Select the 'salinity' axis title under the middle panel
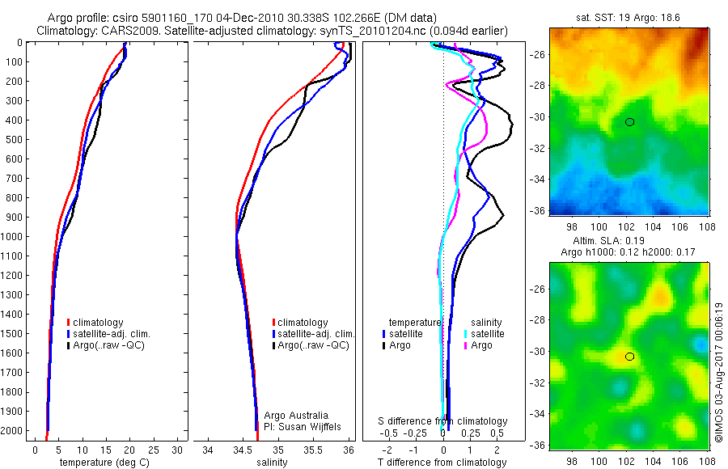(x=271, y=463)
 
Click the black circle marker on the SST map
(x=629, y=122)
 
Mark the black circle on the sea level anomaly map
(x=629, y=357)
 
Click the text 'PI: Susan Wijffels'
(x=299, y=426)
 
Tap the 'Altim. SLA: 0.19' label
(x=629, y=242)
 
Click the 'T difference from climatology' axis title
(x=443, y=463)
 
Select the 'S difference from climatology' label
(x=443, y=421)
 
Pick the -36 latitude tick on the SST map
(x=538, y=210)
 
